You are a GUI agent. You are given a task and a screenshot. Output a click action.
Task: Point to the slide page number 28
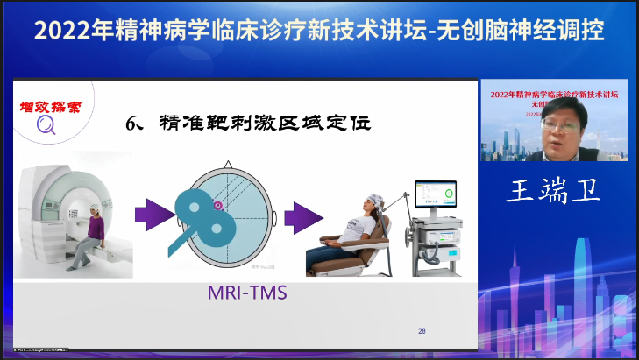click(422, 330)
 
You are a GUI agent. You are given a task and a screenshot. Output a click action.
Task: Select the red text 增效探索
click(50, 108)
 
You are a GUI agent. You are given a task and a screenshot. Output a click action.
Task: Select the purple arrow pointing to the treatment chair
click(301, 215)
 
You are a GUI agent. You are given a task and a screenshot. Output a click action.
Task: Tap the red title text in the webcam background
click(553, 93)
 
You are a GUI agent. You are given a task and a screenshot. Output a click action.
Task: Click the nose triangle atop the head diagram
click(226, 165)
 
